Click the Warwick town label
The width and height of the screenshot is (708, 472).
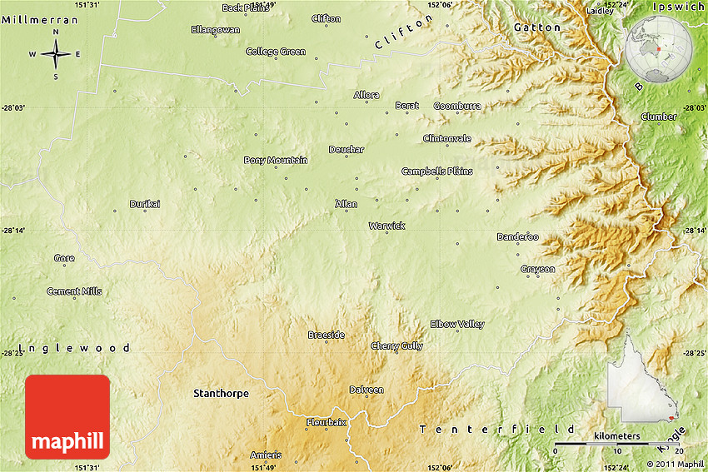pyautogui.click(x=386, y=226)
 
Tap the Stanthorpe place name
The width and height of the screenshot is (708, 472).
pyautogui.click(x=221, y=393)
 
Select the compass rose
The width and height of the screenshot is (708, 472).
pyautogui.click(x=56, y=55)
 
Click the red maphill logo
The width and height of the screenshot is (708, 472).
pyautogui.click(x=67, y=416)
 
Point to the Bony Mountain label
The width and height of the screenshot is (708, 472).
pyautogui.click(x=276, y=160)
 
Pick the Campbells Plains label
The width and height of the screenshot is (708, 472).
pyautogui.click(x=436, y=171)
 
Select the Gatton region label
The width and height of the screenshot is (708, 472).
pyautogui.click(x=537, y=27)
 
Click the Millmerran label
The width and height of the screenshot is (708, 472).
pyautogui.click(x=40, y=18)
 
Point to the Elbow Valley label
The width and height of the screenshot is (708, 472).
pyautogui.click(x=456, y=324)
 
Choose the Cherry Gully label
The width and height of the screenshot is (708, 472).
pyautogui.click(x=396, y=346)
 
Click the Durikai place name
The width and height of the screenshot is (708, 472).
pyautogui.click(x=144, y=204)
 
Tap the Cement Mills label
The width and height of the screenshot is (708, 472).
pyautogui.click(x=74, y=291)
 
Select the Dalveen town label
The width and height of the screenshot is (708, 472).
pyautogui.click(x=366, y=390)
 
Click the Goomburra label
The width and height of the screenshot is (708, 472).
pyautogui.click(x=457, y=106)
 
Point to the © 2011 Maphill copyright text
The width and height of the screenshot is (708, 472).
pyautogui.click(x=675, y=464)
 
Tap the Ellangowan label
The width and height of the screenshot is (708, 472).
pyautogui.click(x=215, y=29)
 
